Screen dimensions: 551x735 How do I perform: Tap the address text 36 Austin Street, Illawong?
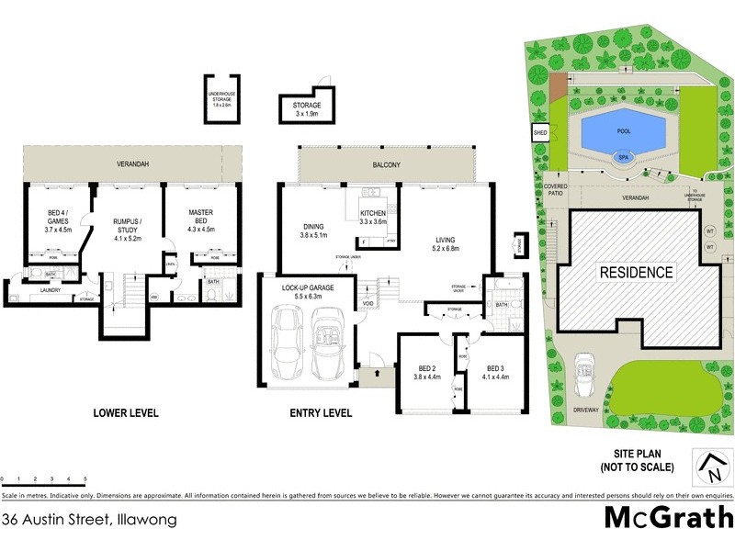coord(89,519)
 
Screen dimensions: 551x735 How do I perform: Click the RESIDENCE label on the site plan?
coord(637,273)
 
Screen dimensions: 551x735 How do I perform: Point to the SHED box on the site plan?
coord(539,134)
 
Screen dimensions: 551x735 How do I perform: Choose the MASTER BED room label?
coord(200,219)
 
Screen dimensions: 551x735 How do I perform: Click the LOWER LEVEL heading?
coord(126,413)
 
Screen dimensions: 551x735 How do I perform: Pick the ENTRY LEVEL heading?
coord(321,413)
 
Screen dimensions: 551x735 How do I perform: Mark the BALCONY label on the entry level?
coord(387,164)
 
